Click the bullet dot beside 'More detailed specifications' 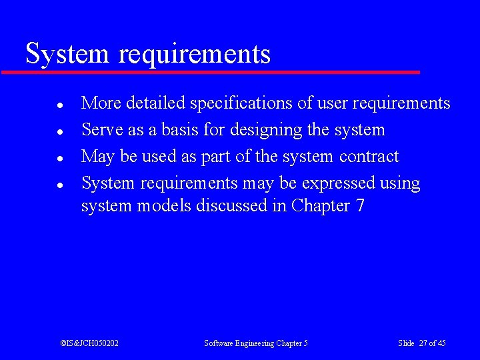click(60, 105)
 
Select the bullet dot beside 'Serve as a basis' click(60, 132)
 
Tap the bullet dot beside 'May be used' click(60, 159)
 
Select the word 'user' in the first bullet click(333, 104)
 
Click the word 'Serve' click(102, 130)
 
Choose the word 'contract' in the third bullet click(369, 157)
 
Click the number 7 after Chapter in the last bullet click(360, 206)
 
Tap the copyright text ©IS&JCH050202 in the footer click(89, 343)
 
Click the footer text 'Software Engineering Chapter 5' click(256, 343)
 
